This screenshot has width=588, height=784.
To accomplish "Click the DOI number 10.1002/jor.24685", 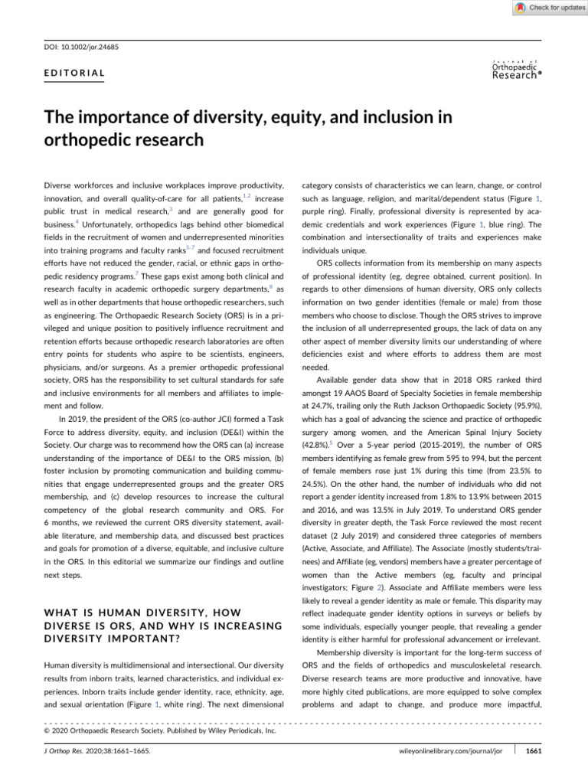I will click(x=93, y=47).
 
